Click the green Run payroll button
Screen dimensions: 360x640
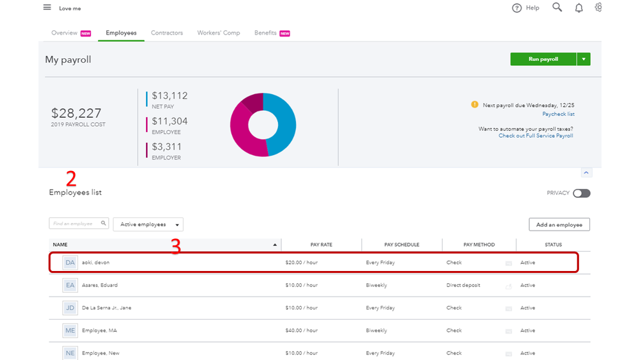coord(543,59)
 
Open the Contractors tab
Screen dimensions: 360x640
coord(167,33)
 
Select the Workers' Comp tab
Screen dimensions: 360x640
coord(218,33)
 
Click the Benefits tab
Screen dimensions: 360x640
coord(265,33)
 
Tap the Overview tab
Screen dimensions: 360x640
coord(64,33)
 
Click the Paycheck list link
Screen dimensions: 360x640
coord(558,114)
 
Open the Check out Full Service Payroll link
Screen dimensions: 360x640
coord(536,136)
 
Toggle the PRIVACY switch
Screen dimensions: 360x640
coord(582,193)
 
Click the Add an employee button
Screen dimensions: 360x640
coord(559,224)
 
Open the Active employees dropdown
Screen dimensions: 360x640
coord(148,224)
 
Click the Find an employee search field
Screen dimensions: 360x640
coord(74,223)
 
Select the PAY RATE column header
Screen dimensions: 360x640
coord(321,245)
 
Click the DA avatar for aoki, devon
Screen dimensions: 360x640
coord(70,263)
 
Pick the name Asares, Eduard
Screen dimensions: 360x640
coord(100,285)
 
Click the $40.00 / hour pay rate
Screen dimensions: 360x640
coord(301,331)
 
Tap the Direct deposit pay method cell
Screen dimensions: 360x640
coord(463,285)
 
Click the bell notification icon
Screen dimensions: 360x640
coord(578,8)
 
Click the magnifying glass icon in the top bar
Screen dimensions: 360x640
coord(557,8)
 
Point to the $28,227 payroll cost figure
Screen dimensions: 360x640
coord(76,113)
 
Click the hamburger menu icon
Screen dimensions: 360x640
coord(47,8)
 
